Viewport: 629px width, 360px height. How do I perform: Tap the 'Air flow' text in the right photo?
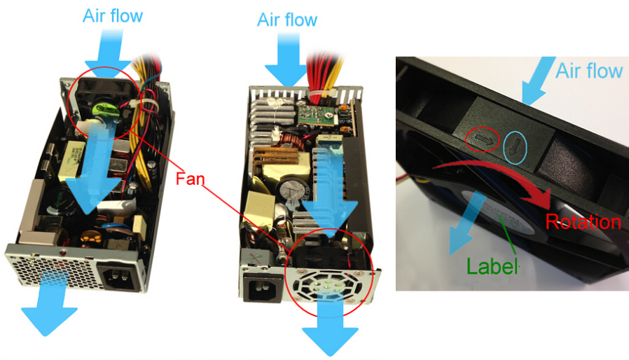[588, 70]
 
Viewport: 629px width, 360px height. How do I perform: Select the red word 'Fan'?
[191, 179]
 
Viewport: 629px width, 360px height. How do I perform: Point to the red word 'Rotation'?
[583, 223]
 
